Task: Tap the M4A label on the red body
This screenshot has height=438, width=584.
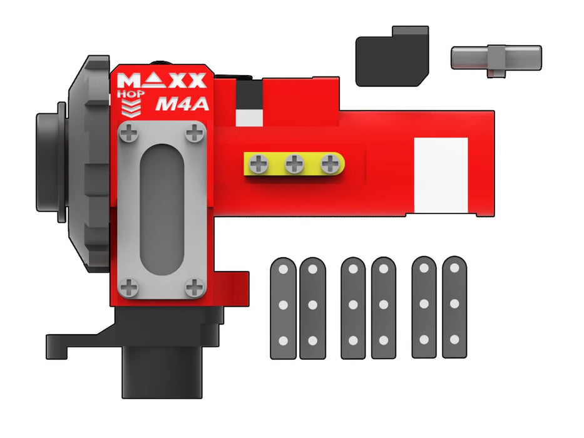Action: coord(181,104)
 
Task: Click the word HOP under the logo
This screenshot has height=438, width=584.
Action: coord(131,94)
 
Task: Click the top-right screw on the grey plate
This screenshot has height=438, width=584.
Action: coord(196,132)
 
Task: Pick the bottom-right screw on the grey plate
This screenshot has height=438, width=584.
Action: coord(196,287)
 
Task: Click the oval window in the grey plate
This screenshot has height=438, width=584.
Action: coord(163,210)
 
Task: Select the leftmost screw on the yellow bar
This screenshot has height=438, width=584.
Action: coord(258,165)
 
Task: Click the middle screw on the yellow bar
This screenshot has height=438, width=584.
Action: coord(294,165)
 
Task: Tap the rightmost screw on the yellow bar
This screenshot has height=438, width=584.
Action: coord(329,165)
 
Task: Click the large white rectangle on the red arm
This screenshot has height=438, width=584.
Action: coord(441,170)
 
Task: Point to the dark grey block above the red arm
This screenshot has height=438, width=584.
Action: coord(392,58)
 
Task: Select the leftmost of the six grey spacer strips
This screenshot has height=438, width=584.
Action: coord(283,308)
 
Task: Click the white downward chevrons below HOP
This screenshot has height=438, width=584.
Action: coord(131,109)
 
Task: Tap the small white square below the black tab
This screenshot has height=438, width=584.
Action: coord(248,118)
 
